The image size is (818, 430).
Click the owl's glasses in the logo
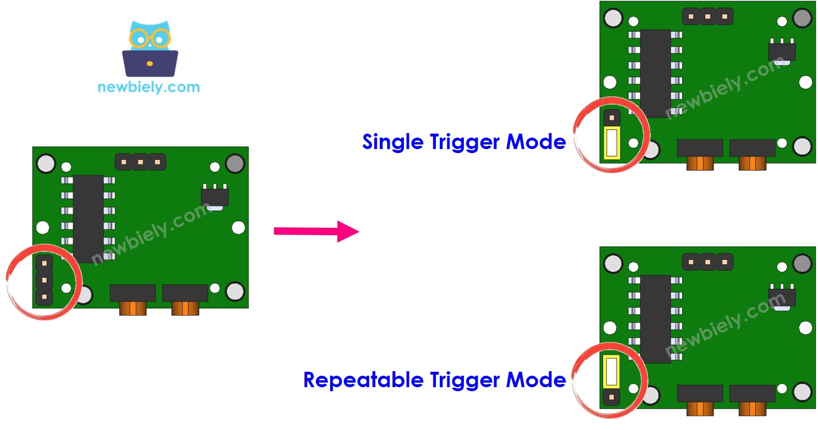[x=150, y=38]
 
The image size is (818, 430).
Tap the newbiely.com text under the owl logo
[x=149, y=87]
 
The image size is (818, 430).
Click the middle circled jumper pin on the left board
[x=44, y=280]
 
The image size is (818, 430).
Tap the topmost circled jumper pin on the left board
[x=44, y=263]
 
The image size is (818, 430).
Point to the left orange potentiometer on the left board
[x=133, y=307]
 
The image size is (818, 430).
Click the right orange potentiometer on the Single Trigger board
[x=752, y=162]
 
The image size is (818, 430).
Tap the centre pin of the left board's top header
[x=141, y=162]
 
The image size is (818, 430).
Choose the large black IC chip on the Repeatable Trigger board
[x=655, y=318]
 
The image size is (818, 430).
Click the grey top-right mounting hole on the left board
[x=235, y=164]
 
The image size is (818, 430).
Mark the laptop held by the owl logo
[x=150, y=63]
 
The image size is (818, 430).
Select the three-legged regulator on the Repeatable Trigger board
[x=782, y=296]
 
